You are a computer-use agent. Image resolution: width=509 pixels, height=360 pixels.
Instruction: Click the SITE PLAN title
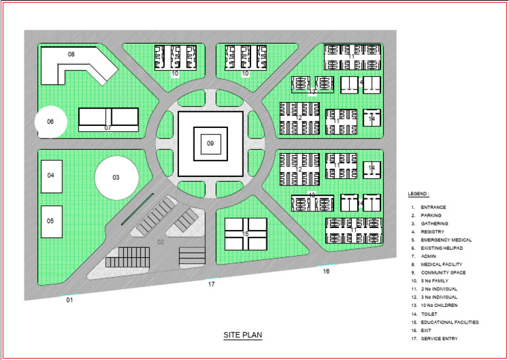pos(243,335)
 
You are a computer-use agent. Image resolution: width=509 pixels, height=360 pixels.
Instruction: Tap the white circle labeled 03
pos(117,177)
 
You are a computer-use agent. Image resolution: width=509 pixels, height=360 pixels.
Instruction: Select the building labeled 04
pos(52,176)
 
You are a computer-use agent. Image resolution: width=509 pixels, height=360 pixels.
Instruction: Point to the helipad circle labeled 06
pos(50,122)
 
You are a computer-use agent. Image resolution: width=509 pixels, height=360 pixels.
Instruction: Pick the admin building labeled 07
pos(108,120)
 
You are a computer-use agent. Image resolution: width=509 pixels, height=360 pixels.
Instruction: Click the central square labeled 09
pos(210,143)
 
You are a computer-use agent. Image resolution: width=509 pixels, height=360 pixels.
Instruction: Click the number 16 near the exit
pos(326,271)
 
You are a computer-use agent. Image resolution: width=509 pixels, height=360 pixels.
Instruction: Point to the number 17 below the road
pos(211,284)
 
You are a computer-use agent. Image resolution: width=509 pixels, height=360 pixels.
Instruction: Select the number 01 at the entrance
pos(69,300)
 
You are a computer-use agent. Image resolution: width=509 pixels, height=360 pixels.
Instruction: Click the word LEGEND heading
pos(419,194)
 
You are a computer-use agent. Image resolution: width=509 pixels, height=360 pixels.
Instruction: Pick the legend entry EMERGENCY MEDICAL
pos(441,239)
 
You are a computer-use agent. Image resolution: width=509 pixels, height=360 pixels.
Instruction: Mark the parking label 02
pos(160,242)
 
